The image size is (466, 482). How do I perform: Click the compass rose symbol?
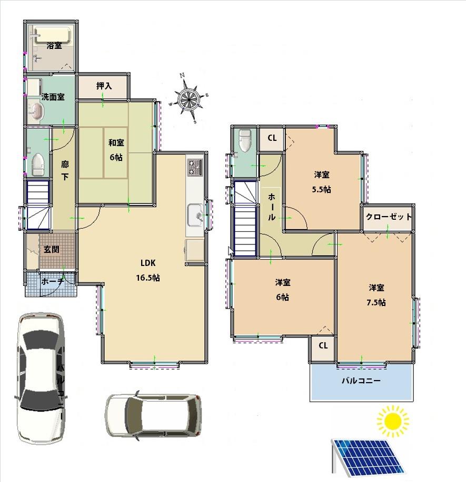point(188,99)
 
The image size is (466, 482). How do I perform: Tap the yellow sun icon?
point(393,421)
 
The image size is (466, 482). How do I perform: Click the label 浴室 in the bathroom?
point(54,46)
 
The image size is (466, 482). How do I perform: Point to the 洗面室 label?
point(53,97)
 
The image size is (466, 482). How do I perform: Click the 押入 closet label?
point(104,86)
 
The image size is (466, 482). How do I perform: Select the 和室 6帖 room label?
point(116,150)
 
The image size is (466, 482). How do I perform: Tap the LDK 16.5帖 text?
point(149,270)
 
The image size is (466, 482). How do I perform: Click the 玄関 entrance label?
point(51,249)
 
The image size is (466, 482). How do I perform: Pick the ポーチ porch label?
point(52,281)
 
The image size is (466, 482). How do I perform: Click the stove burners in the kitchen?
point(194,167)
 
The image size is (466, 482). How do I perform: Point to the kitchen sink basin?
point(196,215)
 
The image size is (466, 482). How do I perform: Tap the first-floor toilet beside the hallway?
point(37,165)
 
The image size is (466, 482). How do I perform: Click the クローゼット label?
point(389,217)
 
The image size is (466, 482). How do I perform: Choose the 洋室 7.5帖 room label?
point(376,295)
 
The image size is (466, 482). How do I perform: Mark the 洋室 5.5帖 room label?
point(322,181)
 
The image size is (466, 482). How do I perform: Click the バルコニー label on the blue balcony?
point(361,381)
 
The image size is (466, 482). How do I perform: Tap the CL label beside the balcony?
point(323,345)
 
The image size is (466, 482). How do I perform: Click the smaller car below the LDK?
point(153,415)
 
